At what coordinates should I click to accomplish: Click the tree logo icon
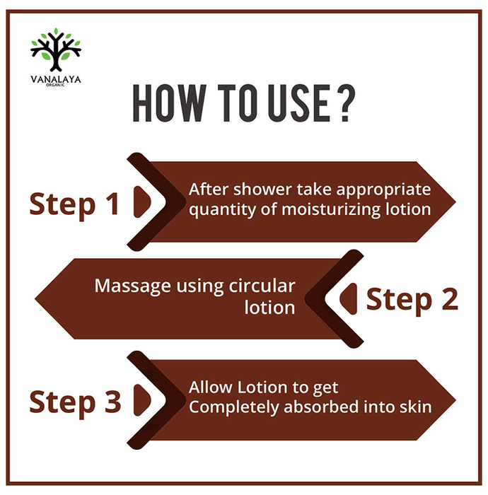pos(56,50)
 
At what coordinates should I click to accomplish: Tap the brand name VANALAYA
pos(56,79)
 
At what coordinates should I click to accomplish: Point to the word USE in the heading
pos(299,103)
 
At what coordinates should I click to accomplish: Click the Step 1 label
pos(74,204)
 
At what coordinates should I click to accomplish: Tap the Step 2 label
pos(412,300)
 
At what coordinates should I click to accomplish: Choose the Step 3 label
pos(75,402)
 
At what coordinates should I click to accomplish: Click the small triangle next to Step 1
pos(142,202)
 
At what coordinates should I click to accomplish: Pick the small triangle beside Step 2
pos(349,298)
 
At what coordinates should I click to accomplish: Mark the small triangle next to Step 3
pos(142,400)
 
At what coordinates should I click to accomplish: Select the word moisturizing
pos(331,209)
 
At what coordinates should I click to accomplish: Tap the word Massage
pos(132,286)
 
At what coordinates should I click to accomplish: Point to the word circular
pos(262,286)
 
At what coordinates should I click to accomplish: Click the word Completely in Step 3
pos(234,407)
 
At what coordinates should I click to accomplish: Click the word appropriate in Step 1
pos(383,190)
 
